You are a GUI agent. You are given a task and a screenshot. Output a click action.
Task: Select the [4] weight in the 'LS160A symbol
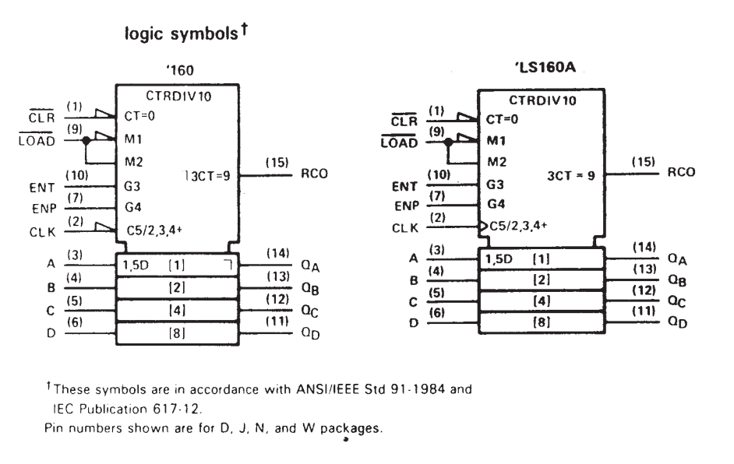click(x=542, y=300)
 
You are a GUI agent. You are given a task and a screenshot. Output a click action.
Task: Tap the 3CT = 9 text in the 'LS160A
click(x=573, y=176)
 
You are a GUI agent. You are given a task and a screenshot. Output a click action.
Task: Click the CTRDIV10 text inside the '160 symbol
click(x=178, y=97)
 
